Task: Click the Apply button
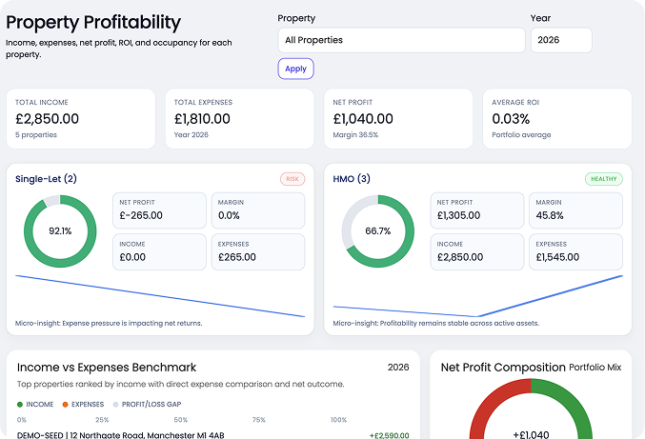[295, 69]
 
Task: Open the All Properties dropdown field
[401, 40]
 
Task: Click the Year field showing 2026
[560, 40]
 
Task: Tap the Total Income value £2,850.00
[48, 119]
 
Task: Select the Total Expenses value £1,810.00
[202, 119]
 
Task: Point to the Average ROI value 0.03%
[513, 119]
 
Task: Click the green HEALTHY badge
[604, 178]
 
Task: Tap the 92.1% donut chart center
[60, 231]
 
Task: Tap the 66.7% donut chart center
[378, 231]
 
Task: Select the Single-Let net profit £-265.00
[141, 215]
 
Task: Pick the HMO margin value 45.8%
[550, 215]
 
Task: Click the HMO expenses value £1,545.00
[562, 256]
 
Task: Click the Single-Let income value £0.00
[133, 256]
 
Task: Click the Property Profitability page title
[93, 22]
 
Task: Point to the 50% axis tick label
[178, 420]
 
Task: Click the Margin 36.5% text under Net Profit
[355, 135]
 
